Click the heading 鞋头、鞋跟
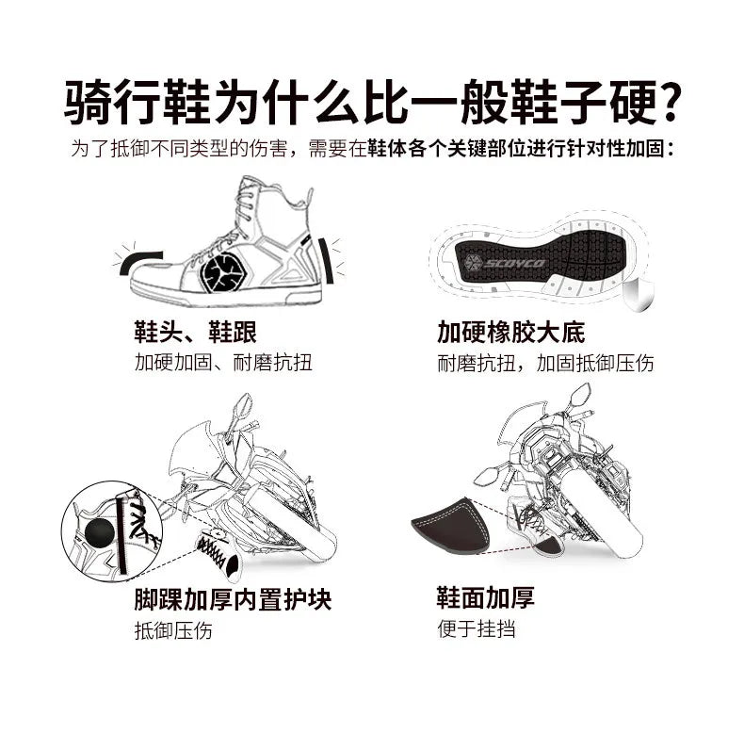coord(195,332)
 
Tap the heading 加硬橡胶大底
coord(511,332)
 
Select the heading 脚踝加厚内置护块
coord(233,599)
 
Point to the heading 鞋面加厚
coord(485,597)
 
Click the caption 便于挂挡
coord(476,629)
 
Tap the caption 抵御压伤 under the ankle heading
coord(173,630)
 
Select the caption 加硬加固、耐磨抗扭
coord(210,363)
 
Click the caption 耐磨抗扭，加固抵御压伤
coord(545,363)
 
